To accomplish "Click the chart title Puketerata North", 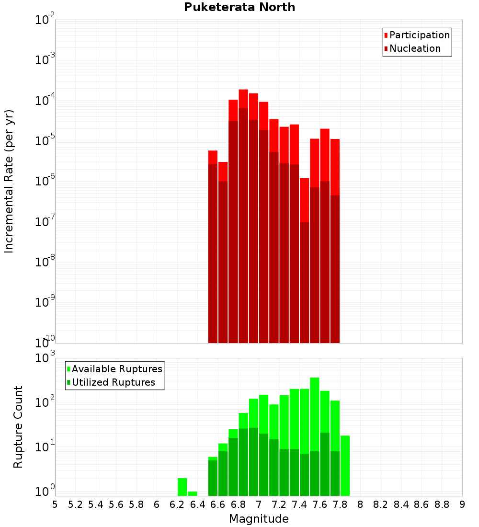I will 239,7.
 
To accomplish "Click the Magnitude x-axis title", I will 259,519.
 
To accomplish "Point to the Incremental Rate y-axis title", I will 9,181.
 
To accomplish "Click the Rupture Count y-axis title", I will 18,426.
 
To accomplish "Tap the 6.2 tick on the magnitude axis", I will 177,504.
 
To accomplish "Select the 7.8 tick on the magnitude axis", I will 340,504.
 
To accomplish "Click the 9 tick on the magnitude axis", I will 462,504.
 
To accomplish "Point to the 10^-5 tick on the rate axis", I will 45,141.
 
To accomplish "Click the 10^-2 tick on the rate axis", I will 45,20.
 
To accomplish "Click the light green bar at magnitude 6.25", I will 182,487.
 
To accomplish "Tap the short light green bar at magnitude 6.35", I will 192,493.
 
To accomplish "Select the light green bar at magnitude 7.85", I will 345,465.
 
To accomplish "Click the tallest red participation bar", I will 243,98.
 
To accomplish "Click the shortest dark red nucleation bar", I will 305,283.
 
